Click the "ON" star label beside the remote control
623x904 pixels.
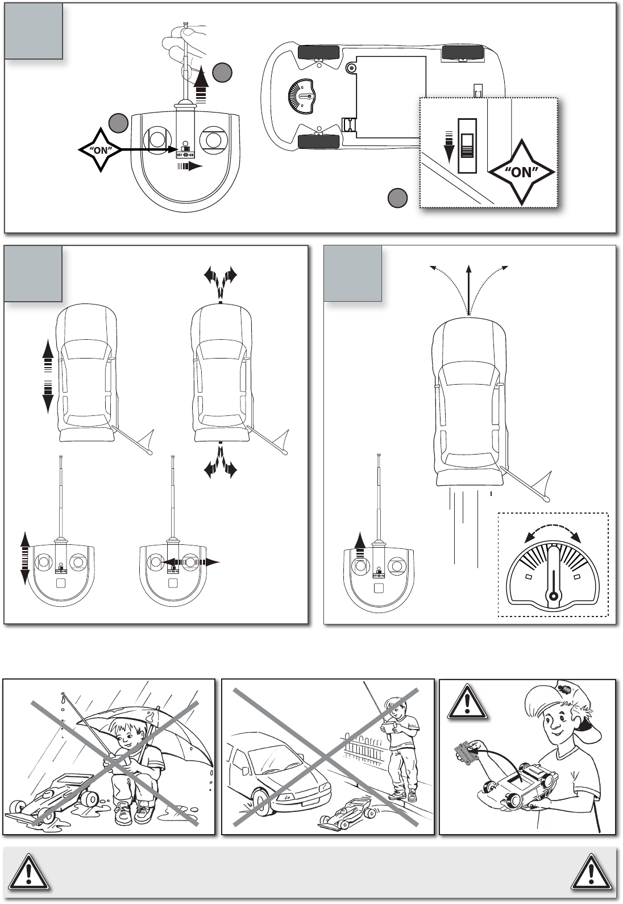click(x=100, y=150)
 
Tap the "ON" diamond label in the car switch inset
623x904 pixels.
click(x=521, y=172)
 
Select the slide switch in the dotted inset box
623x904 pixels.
click(x=467, y=145)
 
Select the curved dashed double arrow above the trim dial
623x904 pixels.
click(x=553, y=532)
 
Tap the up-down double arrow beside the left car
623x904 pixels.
click(x=48, y=377)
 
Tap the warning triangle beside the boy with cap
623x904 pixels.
click(x=467, y=701)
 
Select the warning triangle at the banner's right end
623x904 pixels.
click(x=592, y=872)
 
